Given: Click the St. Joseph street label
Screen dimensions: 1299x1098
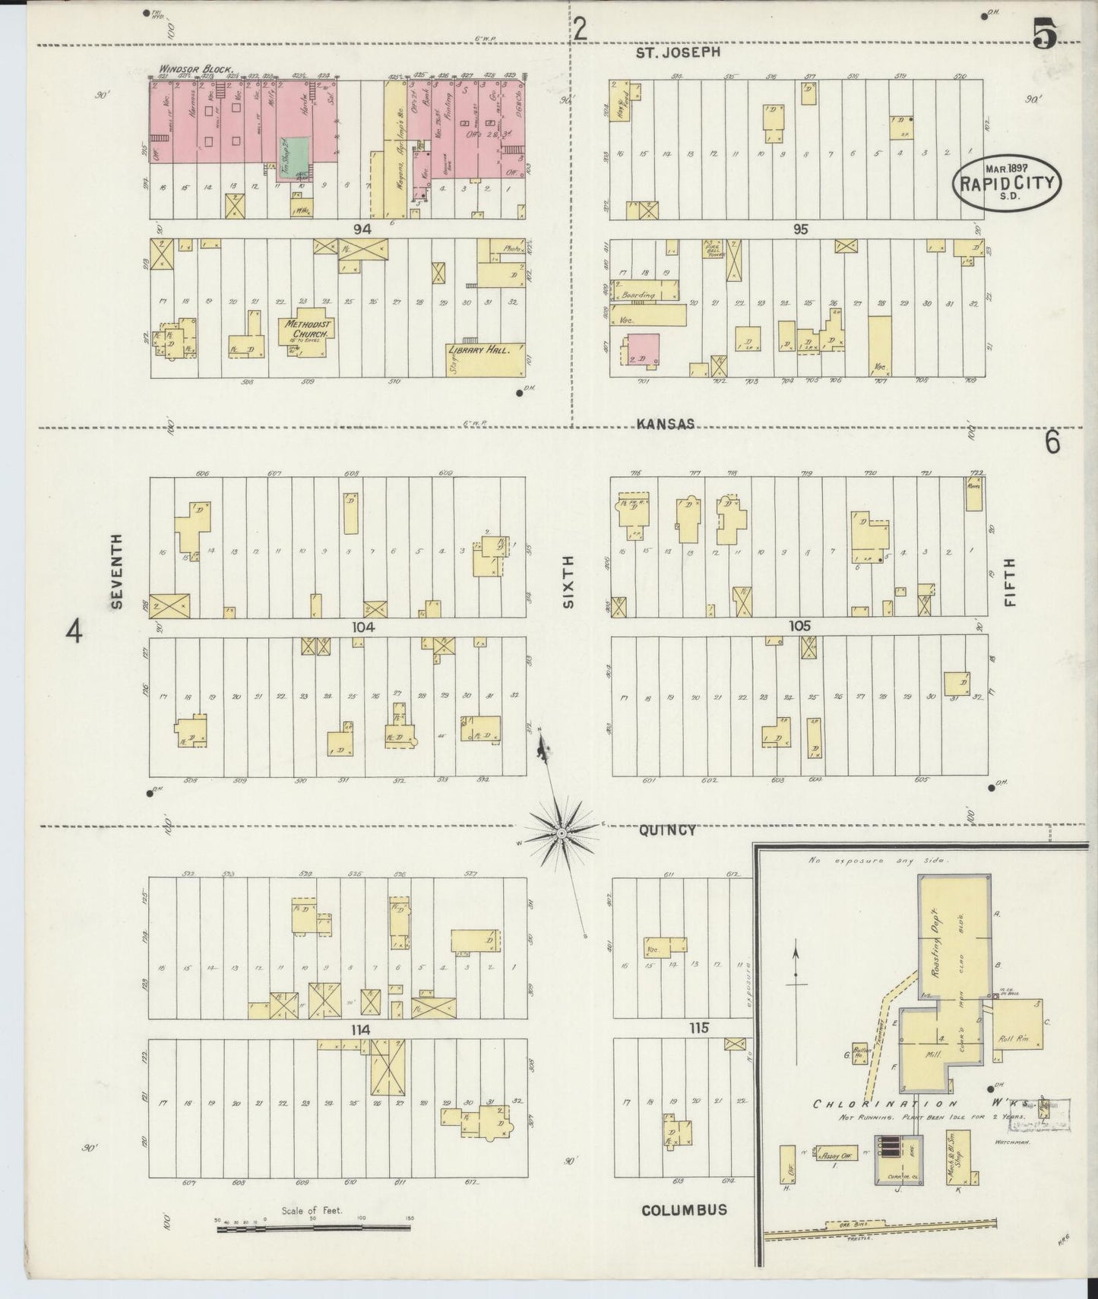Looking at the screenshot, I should click(677, 52).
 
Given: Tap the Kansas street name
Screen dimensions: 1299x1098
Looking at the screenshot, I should click(666, 424).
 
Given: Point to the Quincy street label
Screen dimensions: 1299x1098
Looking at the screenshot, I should click(666, 830).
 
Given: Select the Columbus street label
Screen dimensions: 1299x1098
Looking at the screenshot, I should click(684, 1209).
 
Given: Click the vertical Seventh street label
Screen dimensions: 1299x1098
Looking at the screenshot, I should click(116, 571).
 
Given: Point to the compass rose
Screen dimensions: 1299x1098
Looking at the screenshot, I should click(561, 834).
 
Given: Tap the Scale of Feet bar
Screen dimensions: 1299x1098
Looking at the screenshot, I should click(313, 1228).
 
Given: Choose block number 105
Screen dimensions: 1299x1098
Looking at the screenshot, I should click(800, 626).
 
